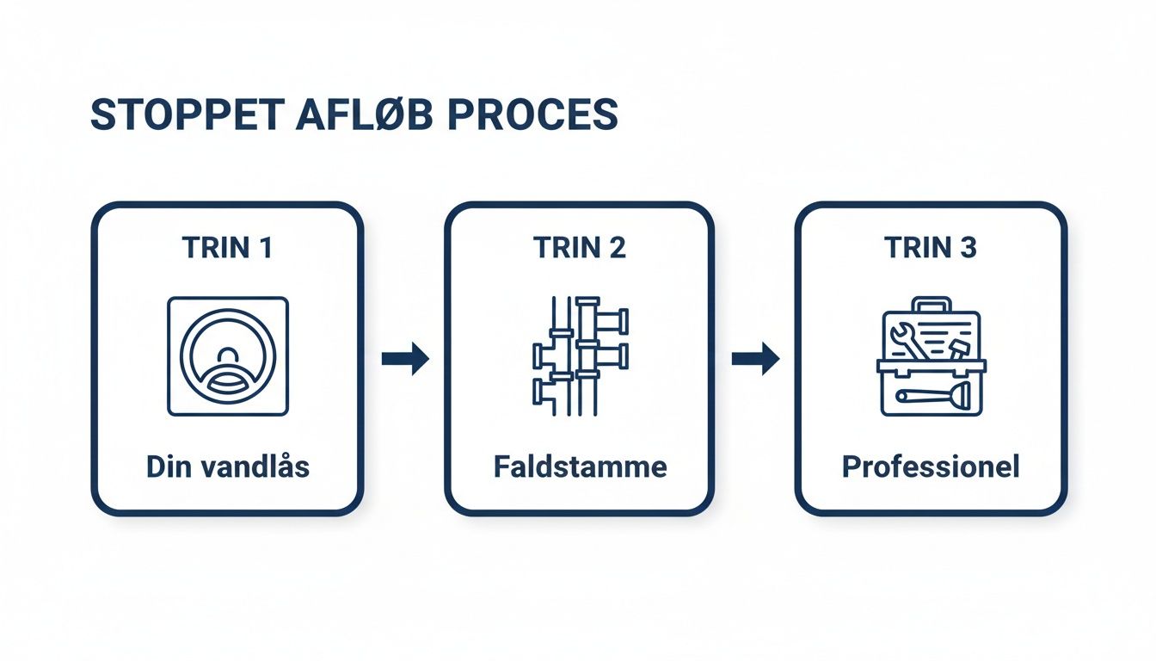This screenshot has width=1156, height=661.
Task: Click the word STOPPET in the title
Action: [184, 115]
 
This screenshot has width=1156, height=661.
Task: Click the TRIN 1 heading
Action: [227, 248]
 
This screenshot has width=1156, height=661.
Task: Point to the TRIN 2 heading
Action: [579, 248]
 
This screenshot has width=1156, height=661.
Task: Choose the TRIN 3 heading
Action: [931, 248]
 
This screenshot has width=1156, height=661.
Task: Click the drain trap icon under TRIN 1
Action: [228, 356]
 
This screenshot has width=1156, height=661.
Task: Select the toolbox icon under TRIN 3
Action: [932, 357]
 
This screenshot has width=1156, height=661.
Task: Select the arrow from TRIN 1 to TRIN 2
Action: [405, 358]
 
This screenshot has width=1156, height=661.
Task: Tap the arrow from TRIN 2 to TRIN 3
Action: [755, 358]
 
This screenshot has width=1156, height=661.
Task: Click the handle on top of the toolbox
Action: [932, 305]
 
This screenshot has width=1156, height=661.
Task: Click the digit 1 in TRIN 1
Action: [264, 248]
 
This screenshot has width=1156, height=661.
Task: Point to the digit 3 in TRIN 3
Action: [968, 248]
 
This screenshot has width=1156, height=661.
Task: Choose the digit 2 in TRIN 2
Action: [616, 248]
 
